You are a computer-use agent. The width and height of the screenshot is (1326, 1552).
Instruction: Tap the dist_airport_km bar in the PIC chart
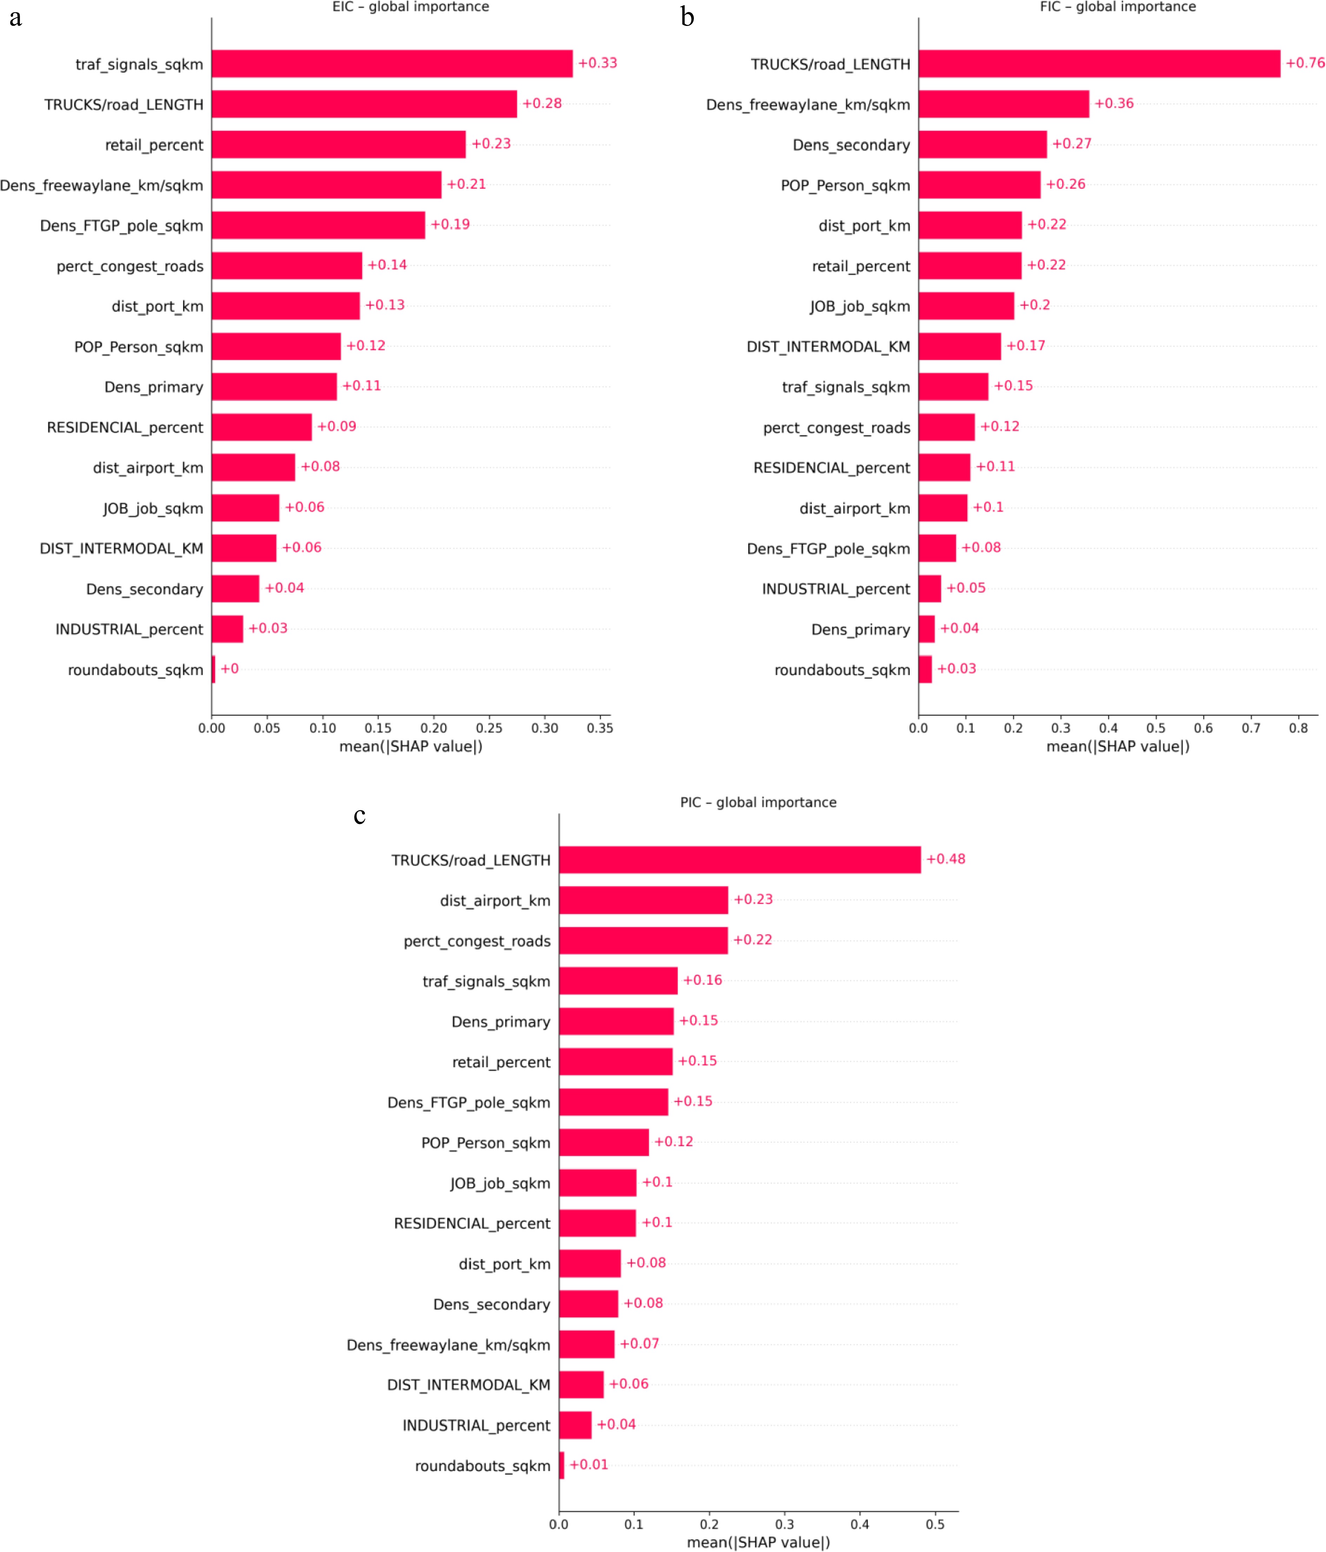643,899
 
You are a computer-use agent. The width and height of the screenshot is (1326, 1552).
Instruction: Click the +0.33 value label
597,63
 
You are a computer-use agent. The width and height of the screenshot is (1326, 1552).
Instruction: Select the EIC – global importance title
410,7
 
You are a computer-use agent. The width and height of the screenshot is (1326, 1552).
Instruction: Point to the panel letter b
687,16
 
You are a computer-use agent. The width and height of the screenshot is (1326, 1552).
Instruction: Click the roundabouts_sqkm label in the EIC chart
136,670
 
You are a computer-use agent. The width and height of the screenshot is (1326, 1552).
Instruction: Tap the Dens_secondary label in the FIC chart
851,145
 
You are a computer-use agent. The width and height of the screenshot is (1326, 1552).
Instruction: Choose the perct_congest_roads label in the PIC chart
476,941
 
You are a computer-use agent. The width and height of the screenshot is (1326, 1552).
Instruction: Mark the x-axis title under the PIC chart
758,1541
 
